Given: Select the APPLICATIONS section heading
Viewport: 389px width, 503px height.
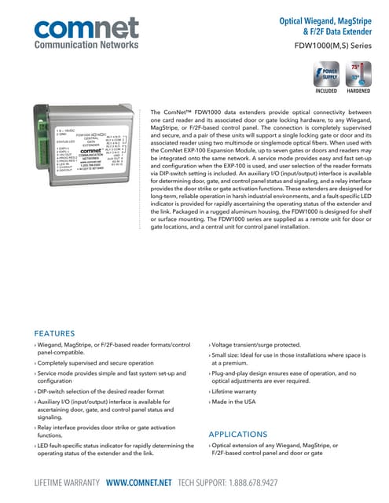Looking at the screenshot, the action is pyautogui.click(x=243, y=434).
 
